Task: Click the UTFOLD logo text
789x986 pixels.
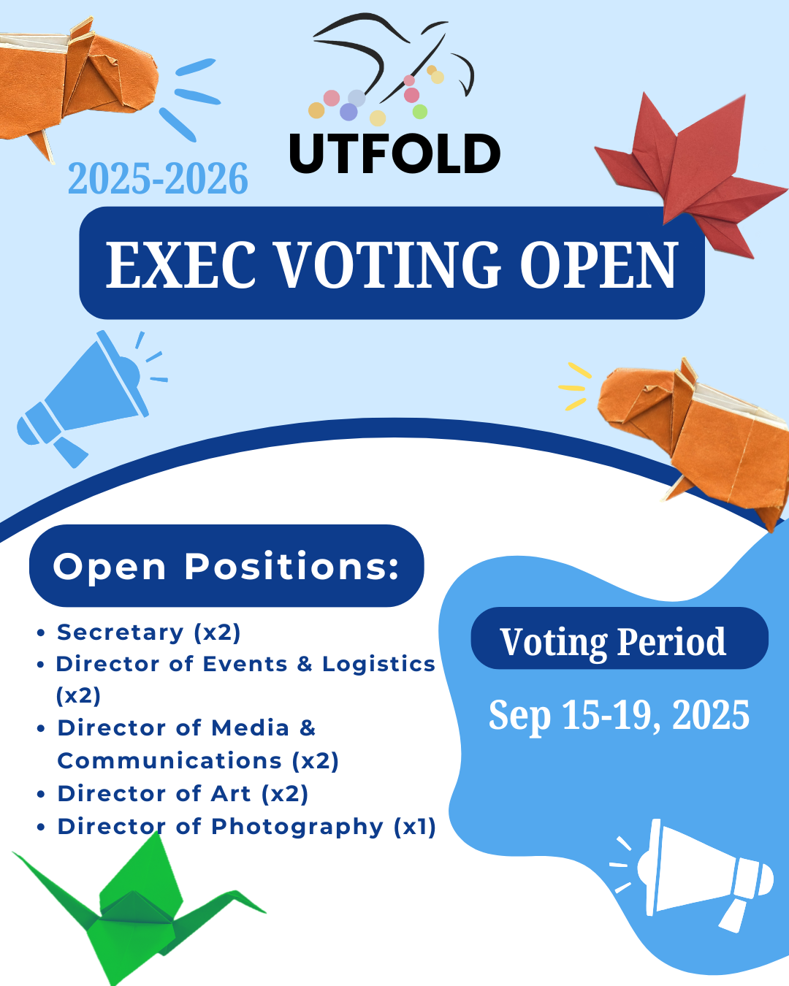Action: pyautogui.click(x=394, y=153)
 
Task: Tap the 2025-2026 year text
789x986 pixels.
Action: pyautogui.click(x=159, y=178)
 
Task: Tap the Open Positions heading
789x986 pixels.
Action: pyautogui.click(x=226, y=567)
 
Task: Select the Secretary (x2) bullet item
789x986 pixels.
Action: pyautogui.click(x=148, y=633)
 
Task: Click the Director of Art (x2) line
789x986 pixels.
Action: pyautogui.click(x=183, y=794)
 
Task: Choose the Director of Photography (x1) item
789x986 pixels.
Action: pyautogui.click(x=246, y=827)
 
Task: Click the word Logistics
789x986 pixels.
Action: pyautogui.click(x=378, y=664)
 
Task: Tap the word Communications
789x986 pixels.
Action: pyautogui.click(x=169, y=761)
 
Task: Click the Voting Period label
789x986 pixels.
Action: pyautogui.click(x=613, y=643)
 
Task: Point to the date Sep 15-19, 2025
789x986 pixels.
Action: pyautogui.click(x=619, y=715)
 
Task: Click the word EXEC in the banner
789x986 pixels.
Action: pyautogui.click(x=180, y=265)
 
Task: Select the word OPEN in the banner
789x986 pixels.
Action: pyautogui.click(x=598, y=265)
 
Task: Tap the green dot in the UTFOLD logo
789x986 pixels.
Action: pyautogui.click(x=420, y=111)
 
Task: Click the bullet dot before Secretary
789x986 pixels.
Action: pyautogui.click(x=41, y=633)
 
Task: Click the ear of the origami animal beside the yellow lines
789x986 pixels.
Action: pyautogui.click(x=687, y=372)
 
